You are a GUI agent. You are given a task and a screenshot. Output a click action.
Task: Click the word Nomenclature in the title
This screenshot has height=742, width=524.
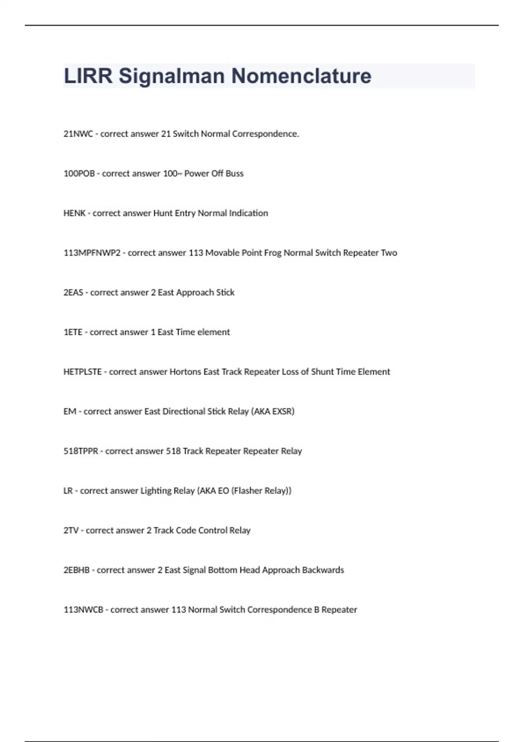(x=301, y=76)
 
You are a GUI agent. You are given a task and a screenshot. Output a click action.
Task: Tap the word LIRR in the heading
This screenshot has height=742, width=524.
(x=88, y=76)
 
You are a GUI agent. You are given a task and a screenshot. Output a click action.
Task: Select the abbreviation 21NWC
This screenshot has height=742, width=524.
(x=78, y=134)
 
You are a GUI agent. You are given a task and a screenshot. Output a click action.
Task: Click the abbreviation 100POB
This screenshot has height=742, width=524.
(x=79, y=174)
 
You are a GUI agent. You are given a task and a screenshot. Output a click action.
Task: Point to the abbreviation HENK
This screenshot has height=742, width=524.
(x=74, y=213)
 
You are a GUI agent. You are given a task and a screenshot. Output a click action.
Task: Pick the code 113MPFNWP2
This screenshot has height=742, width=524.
(x=92, y=253)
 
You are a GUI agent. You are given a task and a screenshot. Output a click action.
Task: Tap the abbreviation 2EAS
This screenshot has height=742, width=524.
(x=73, y=292)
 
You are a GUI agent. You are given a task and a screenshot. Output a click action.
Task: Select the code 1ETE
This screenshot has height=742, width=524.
(x=73, y=332)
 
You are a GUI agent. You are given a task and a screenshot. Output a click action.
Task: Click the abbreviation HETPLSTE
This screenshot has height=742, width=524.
(x=83, y=372)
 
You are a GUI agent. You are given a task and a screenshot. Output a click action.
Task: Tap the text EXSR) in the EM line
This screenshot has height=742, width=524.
(x=283, y=412)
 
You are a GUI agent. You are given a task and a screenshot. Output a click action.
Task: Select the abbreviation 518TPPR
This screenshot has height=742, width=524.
(x=81, y=451)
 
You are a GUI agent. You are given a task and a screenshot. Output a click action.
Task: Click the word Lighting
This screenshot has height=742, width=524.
(x=156, y=491)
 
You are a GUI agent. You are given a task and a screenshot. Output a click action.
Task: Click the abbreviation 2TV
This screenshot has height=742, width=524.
(x=71, y=531)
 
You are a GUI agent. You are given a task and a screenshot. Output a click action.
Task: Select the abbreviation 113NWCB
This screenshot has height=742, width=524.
(x=83, y=610)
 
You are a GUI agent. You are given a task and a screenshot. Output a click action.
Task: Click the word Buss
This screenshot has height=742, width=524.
(x=234, y=174)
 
